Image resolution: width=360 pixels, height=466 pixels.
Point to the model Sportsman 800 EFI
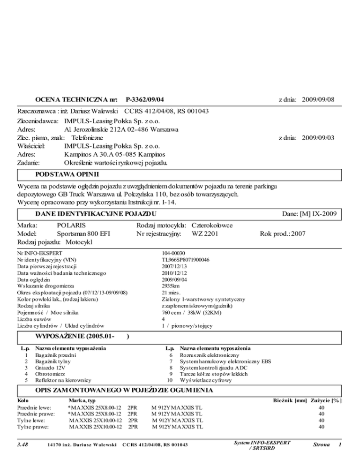(x=83, y=233)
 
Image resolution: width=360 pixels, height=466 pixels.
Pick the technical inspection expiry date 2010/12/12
(x=173, y=272)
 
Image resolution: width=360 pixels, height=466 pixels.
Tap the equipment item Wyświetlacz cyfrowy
(x=205, y=380)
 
